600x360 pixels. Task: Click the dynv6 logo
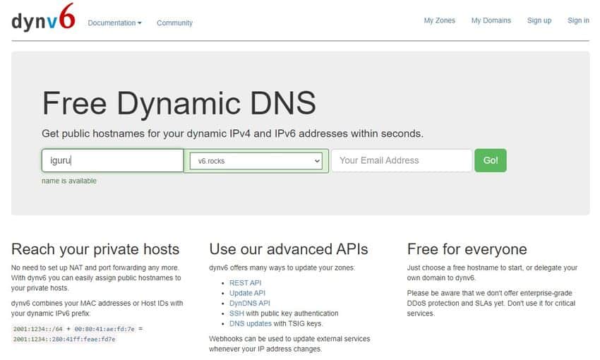point(43,17)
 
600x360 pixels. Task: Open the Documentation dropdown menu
point(114,23)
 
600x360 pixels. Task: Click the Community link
point(174,23)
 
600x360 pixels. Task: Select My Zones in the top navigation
point(439,20)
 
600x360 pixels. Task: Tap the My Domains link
point(491,20)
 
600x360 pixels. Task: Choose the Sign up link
point(539,20)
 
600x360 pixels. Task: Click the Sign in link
point(578,20)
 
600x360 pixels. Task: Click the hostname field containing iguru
point(112,160)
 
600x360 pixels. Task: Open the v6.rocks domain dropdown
point(256,161)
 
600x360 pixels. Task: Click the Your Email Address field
point(402,160)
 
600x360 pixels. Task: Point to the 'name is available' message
point(69,181)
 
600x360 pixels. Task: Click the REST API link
point(245,283)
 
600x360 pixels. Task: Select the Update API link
point(247,293)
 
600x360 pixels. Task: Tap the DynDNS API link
point(249,303)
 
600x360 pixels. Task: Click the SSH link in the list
point(236,313)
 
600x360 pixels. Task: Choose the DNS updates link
point(251,324)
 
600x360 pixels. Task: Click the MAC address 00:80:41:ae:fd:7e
point(104,329)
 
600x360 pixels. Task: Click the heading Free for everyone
point(467,249)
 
